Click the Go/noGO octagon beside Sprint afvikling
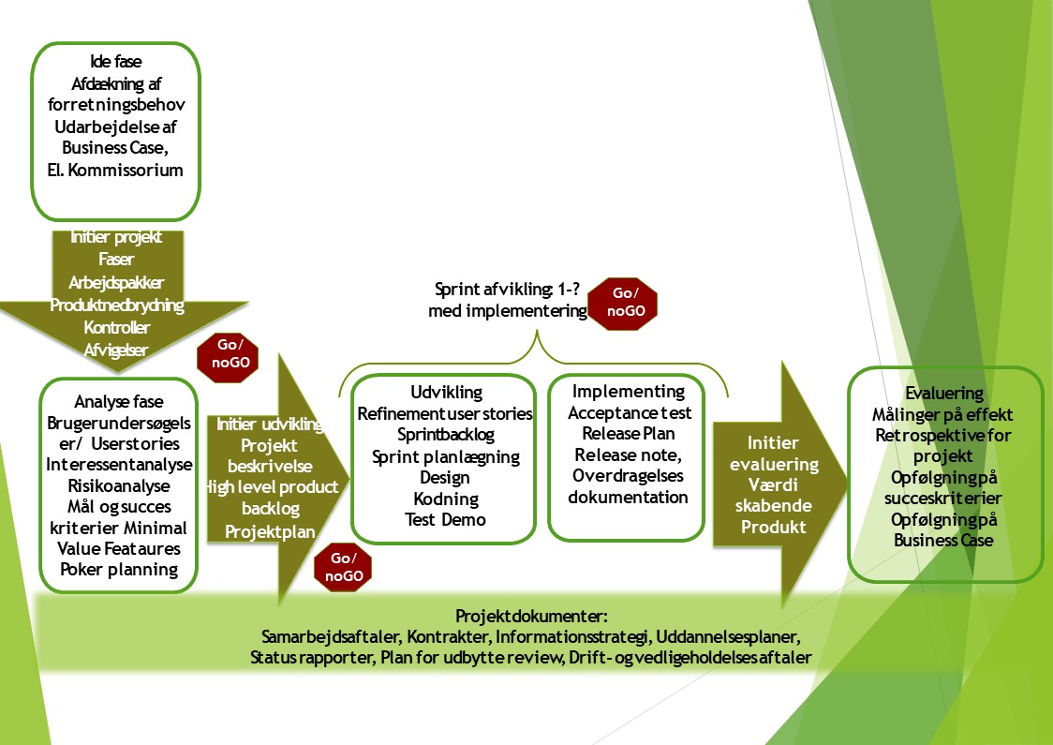pos(622,304)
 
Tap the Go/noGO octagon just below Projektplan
pos(343,567)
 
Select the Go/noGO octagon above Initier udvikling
pos(228,358)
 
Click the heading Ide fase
pos(115,62)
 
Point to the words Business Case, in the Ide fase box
pos(115,148)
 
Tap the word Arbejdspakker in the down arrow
pos(116,283)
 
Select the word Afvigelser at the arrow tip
pos(116,350)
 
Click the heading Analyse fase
pos(119,402)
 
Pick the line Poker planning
pos(119,570)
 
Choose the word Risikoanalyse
pos(119,485)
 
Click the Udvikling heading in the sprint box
pos(447,393)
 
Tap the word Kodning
pos(446,499)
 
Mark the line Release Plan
pos(629,434)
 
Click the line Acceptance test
pos(630,413)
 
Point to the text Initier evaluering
pos(774,454)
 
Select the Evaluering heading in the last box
pos(944,394)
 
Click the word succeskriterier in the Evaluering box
pos(942,499)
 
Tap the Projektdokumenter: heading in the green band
pos(531,617)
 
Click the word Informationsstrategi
pos(572,637)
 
